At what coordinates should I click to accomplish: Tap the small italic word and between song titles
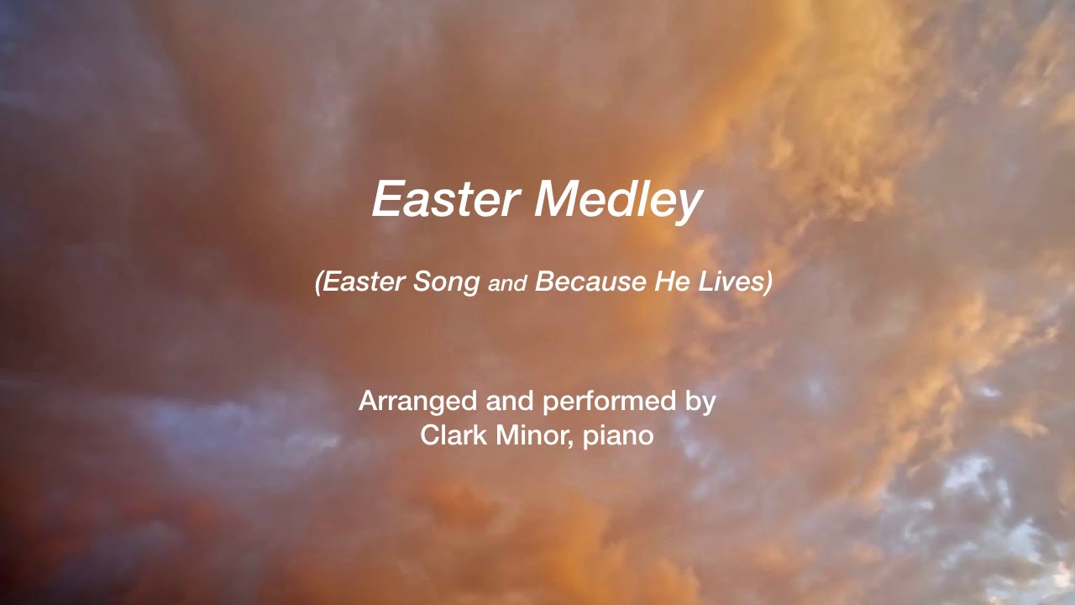506,284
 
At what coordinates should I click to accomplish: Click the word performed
610,402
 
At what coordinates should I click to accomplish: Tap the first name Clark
450,435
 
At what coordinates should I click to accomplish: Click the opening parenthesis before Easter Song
319,283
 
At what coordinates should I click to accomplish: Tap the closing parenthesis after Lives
768,283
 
